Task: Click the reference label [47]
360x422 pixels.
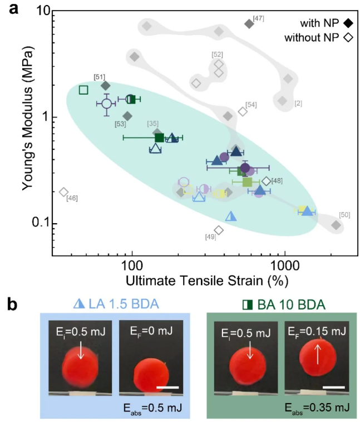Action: pyautogui.click(x=258, y=19)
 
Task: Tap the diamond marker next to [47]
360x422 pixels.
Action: pyautogui.click(x=249, y=23)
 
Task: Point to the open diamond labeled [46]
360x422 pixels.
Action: pyautogui.click(x=63, y=192)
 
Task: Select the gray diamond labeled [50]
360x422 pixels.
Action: pyautogui.click(x=336, y=225)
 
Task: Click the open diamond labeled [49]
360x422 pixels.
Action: pyautogui.click(x=219, y=230)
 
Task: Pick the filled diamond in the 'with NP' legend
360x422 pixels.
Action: pyautogui.click(x=349, y=23)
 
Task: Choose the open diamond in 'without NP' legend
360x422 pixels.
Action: pyautogui.click(x=349, y=38)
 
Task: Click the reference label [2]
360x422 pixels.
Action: pyautogui.click(x=298, y=104)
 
